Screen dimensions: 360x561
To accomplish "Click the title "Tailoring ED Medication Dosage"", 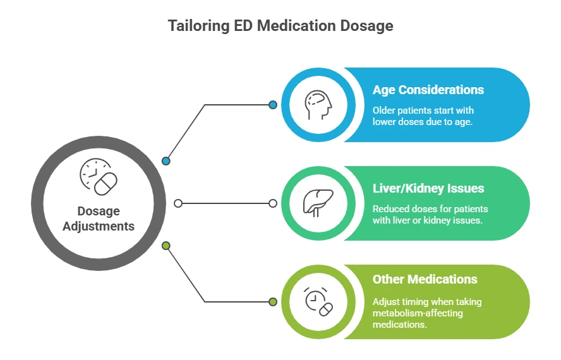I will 280,26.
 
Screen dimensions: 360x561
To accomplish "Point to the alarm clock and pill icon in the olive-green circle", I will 318,302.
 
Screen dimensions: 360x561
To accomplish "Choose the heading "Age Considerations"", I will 428,90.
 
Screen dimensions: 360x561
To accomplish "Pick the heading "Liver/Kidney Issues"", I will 427,188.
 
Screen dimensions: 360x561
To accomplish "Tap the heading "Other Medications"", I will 425,279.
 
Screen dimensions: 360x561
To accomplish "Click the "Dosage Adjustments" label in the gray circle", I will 98,219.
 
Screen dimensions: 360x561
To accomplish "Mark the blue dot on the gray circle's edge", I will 166,161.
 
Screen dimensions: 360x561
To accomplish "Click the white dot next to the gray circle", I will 178,203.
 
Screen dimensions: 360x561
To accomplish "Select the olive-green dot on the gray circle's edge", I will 166,246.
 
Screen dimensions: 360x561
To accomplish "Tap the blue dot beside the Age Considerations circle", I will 273,105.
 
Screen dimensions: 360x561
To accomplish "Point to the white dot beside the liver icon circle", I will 273,203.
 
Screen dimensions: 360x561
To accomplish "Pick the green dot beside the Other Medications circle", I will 273,302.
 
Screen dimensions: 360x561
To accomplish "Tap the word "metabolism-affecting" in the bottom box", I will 418,313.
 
